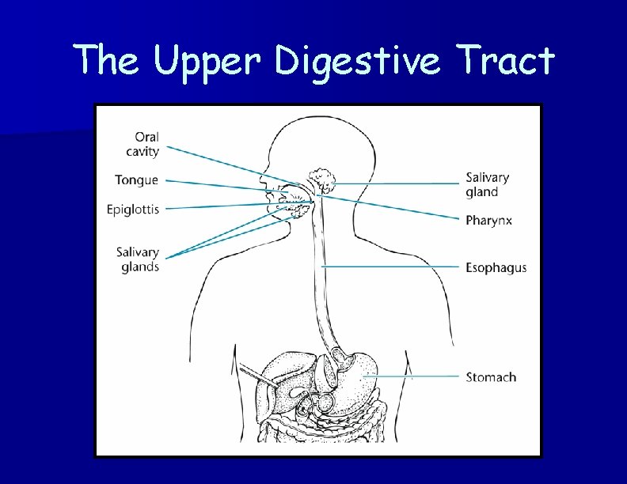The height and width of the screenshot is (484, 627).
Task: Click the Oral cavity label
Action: [142, 144]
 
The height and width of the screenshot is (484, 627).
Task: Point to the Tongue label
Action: [136, 180]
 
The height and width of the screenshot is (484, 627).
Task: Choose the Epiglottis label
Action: [133, 210]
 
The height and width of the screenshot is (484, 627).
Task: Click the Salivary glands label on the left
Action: [138, 259]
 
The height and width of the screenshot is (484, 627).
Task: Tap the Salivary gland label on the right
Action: [487, 184]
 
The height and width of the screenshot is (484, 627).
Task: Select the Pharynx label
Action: [488, 220]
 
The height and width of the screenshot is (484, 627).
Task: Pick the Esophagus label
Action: [496, 268]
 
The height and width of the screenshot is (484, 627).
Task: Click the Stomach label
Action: [491, 377]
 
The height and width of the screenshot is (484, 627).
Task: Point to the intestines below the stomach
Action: [332, 423]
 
